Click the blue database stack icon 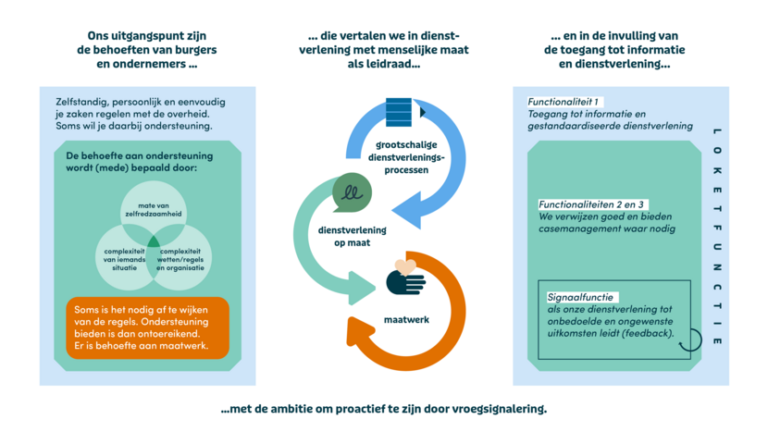pyautogui.click(x=399, y=112)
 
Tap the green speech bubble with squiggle pyautogui.click(x=352, y=192)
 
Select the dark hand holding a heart pyautogui.click(x=405, y=278)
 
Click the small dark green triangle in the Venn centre pyautogui.click(x=154, y=241)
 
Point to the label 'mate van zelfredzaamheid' pyautogui.click(x=154, y=210)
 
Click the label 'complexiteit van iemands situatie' pyautogui.click(x=124, y=260)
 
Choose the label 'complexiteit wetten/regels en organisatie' pyautogui.click(x=180, y=260)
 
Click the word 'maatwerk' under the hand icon pyautogui.click(x=406, y=320)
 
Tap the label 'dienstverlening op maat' pyautogui.click(x=353, y=236)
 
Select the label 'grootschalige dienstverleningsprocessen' pyautogui.click(x=406, y=157)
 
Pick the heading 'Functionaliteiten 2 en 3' pyautogui.click(x=591, y=204)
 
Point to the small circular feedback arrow pyautogui.click(x=691, y=339)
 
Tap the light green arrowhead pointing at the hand pyautogui.click(x=362, y=289)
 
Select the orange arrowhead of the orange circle pyautogui.click(x=356, y=330)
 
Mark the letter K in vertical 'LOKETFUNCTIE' pyautogui.click(x=717, y=170)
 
